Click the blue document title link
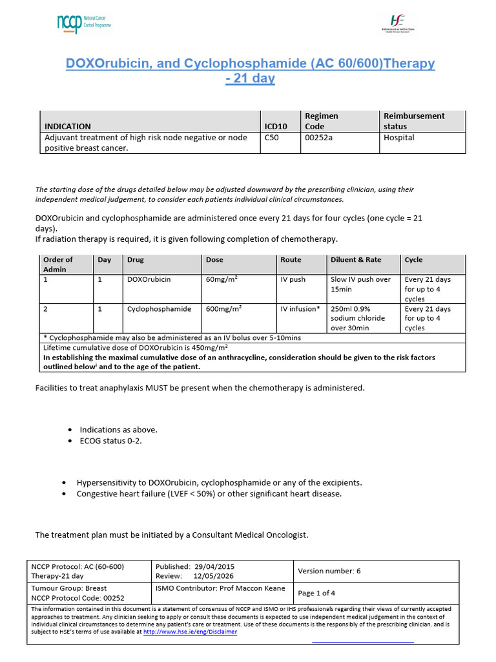[x=251, y=71]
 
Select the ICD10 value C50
[x=272, y=138]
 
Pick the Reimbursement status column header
[x=414, y=121]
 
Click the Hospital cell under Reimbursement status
[x=398, y=138]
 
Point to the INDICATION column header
[x=67, y=126]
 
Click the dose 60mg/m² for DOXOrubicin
[x=220, y=280]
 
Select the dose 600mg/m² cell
[x=223, y=309]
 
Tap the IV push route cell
[x=293, y=280]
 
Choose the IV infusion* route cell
[x=300, y=309]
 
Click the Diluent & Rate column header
[x=356, y=260]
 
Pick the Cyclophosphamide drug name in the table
[x=159, y=309]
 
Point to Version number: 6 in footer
[x=329, y=571]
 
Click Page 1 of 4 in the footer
[x=316, y=593]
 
